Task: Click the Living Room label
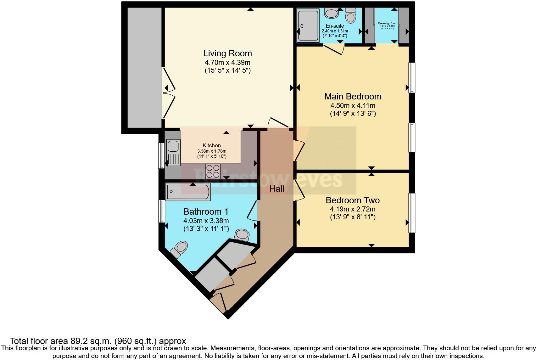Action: (x=227, y=53)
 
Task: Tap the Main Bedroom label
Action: (x=353, y=96)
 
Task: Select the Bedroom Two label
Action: (x=352, y=200)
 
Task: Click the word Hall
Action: (x=276, y=189)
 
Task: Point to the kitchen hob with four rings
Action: (x=213, y=172)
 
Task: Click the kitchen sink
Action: (x=173, y=146)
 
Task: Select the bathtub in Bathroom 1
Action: (x=188, y=192)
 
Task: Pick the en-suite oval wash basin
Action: (x=331, y=13)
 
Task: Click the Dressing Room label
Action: (x=387, y=23)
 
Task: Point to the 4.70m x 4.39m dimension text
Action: (x=227, y=62)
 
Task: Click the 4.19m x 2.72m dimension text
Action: (x=352, y=209)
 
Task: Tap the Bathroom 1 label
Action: (x=206, y=211)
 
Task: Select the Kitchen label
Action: (x=211, y=145)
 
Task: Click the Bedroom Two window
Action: (x=411, y=213)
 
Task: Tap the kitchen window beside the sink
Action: (x=161, y=155)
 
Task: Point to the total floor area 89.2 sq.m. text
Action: (x=98, y=341)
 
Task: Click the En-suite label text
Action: (x=335, y=26)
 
